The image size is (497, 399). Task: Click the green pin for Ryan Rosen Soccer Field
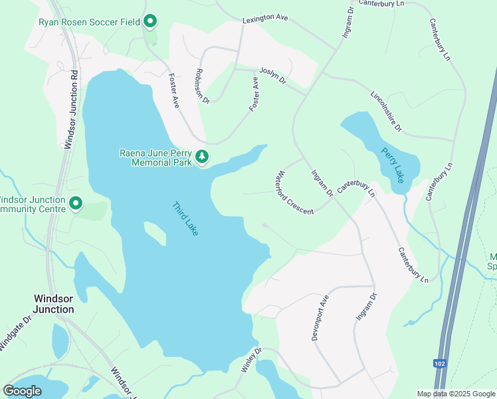(150, 22)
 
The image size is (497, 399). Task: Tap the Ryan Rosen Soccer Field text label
(89, 22)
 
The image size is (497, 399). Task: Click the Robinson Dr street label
(203, 86)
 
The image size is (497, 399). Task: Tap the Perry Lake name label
(392, 165)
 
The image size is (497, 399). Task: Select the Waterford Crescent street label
(290, 194)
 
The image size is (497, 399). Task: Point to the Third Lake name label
(185, 218)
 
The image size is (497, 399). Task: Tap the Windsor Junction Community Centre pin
(76, 203)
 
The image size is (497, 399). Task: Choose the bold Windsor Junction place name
(54, 304)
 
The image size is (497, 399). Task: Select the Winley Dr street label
(251, 360)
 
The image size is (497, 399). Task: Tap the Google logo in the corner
(22, 390)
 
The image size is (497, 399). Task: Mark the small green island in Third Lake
(154, 232)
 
